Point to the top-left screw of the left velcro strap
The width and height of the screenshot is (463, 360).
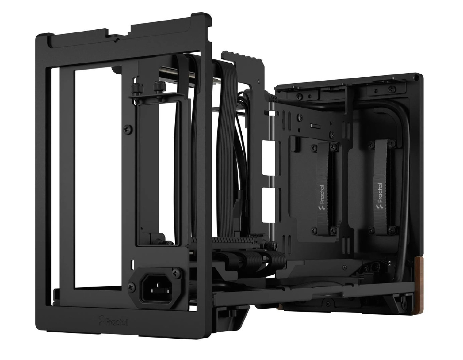point(314,148)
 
